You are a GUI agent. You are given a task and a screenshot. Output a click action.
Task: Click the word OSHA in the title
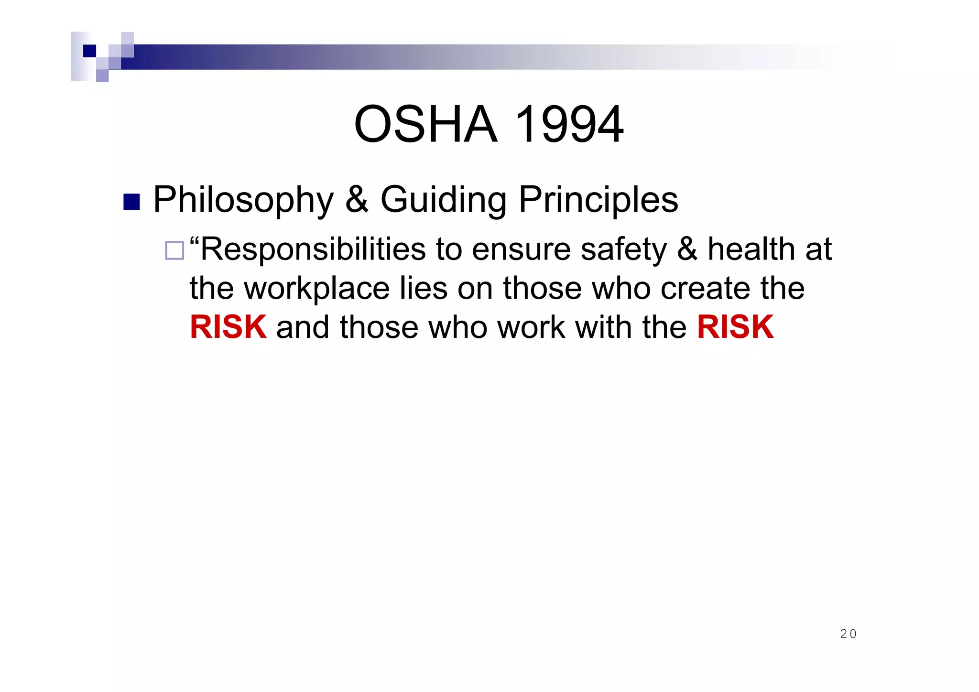425,124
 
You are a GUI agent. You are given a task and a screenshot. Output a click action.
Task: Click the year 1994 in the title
569,124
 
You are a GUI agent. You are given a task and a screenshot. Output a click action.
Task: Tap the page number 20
848,634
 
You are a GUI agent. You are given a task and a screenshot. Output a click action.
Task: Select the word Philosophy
243,200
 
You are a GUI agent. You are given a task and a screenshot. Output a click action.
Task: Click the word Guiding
443,200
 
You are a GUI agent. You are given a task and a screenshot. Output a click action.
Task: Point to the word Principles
598,200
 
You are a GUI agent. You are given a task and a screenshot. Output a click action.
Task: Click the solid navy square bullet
131,202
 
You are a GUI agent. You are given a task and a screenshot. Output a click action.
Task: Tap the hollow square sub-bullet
174,250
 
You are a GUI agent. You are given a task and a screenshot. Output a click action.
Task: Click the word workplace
317,289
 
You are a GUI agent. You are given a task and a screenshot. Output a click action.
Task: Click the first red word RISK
228,327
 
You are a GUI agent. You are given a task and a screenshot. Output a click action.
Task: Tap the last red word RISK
735,327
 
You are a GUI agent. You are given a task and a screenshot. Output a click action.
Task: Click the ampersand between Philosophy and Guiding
357,200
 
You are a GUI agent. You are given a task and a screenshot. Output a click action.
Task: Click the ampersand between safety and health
687,249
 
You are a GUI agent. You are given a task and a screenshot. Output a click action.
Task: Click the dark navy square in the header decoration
89,51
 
